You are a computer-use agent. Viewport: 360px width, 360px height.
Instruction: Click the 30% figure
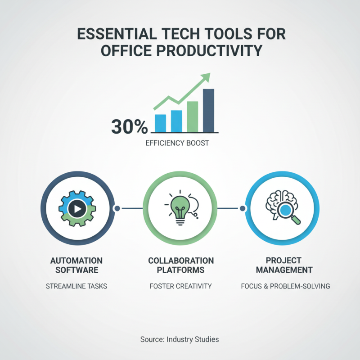pos(129,127)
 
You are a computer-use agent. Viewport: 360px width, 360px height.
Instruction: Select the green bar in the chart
pos(192,116)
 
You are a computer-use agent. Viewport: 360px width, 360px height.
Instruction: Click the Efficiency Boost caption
pos(177,144)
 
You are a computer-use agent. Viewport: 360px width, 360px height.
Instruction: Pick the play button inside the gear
pos(78,209)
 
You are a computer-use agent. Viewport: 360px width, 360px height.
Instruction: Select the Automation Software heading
pos(76,265)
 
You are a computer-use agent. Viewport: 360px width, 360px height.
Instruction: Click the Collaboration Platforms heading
pos(181,265)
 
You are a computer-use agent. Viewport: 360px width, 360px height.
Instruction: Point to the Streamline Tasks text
pos(76,286)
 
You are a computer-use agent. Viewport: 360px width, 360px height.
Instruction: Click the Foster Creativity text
pos(180,286)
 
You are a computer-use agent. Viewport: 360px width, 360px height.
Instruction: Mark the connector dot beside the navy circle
pos(117,208)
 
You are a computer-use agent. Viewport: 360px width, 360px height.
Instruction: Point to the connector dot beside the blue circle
pos(243,208)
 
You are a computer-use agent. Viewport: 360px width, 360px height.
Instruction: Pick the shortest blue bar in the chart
pos(160,122)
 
